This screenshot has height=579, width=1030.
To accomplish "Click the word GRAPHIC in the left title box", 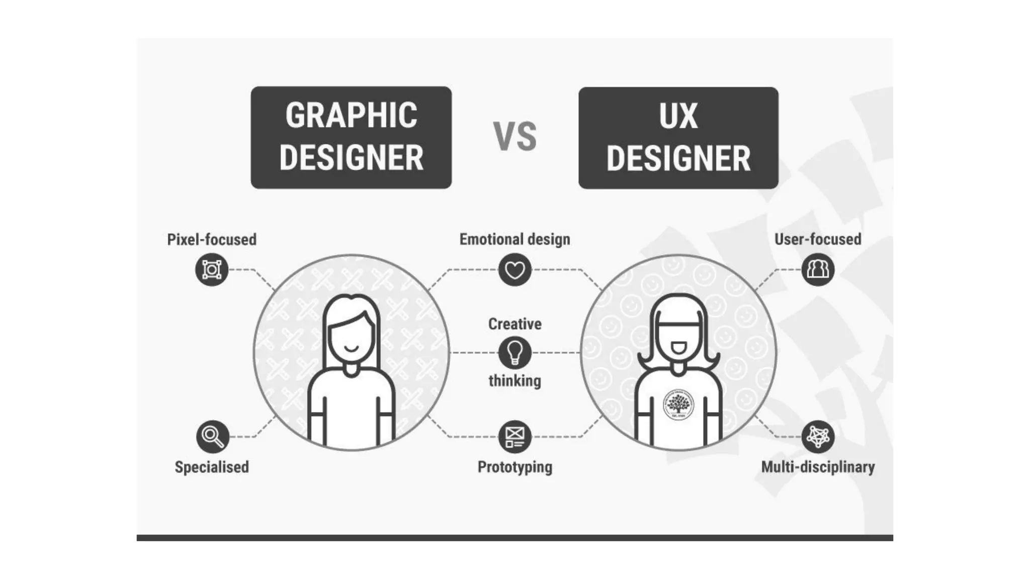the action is tap(351, 116).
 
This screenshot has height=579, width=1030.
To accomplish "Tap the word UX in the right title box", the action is tap(678, 116).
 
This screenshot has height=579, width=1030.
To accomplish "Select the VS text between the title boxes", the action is tap(514, 136).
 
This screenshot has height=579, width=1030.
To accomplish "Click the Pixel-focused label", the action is tap(212, 239).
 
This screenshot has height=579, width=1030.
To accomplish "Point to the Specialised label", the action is tap(212, 467).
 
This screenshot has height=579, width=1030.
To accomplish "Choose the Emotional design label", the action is tap(514, 239).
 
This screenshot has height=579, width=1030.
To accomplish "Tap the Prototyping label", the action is tap(514, 467).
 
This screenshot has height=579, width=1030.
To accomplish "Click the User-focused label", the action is tap(818, 239).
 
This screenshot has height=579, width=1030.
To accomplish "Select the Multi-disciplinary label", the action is tap(818, 467).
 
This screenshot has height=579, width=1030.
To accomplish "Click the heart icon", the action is tap(514, 270).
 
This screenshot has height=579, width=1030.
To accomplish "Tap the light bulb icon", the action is tap(514, 352).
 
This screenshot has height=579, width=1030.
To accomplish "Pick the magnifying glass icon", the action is tap(212, 436).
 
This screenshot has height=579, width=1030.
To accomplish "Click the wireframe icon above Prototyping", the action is tap(514, 436).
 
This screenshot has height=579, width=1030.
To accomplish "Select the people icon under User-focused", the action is tap(818, 270).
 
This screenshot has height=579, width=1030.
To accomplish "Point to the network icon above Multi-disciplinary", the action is tap(818, 436).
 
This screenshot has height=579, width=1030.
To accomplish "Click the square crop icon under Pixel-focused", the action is tap(212, 270).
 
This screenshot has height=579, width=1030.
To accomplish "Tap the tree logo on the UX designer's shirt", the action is tap(678, 404).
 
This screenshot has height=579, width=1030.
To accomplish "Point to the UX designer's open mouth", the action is tap(678, 347).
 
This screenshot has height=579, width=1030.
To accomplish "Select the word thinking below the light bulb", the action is tap(514, 380).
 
